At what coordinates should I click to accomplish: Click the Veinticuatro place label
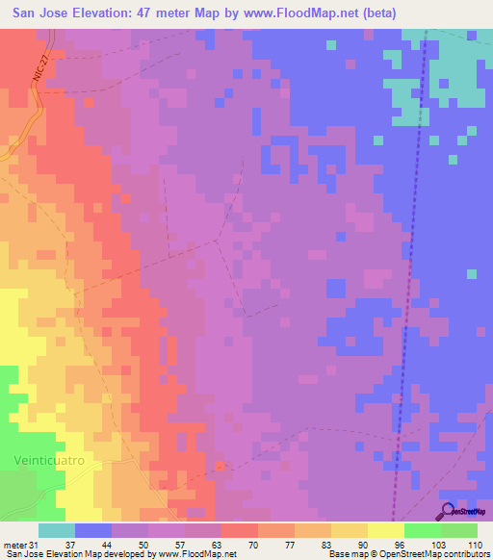[49, 461]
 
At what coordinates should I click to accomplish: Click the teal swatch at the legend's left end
[57, 530]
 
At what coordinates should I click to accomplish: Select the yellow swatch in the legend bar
[386, 530]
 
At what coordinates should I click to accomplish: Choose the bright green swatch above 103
[423, 530]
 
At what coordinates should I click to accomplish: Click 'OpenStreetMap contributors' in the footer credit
[434, 555]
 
